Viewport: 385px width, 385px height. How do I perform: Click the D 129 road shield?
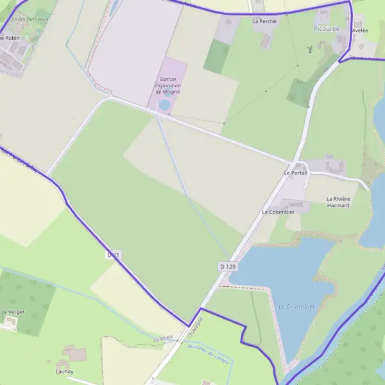(228, 266)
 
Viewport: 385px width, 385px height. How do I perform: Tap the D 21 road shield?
(114, 255)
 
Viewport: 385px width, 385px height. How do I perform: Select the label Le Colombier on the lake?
(297, 307)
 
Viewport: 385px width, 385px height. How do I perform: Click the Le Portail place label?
(296, 173)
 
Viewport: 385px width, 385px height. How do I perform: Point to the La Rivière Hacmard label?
(338, 202)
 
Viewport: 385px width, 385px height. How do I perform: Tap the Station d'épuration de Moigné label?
(167, 86)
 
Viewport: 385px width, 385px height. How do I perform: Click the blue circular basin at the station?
(164, 105)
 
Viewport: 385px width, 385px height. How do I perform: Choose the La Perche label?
(264, 21)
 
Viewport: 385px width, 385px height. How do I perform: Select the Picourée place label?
(327, 30)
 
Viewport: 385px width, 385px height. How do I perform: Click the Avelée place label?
(360, 30)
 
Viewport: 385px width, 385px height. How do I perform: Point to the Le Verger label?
(13, 312)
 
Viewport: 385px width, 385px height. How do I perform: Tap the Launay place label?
(64, 372)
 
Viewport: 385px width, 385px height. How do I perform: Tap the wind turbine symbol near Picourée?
(309, 49)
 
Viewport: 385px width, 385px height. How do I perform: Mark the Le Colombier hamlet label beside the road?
(278, 212)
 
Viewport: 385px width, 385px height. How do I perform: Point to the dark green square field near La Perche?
(217, 56)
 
